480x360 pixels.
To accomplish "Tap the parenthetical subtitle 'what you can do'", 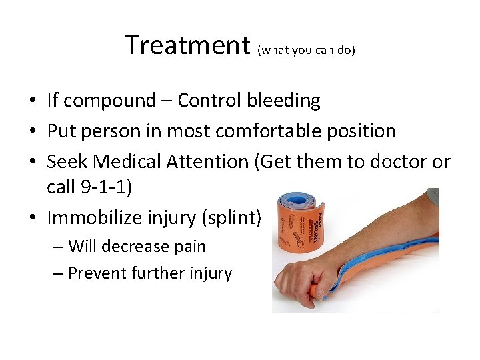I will [306, 49].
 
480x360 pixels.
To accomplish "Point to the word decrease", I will [136, 247].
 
